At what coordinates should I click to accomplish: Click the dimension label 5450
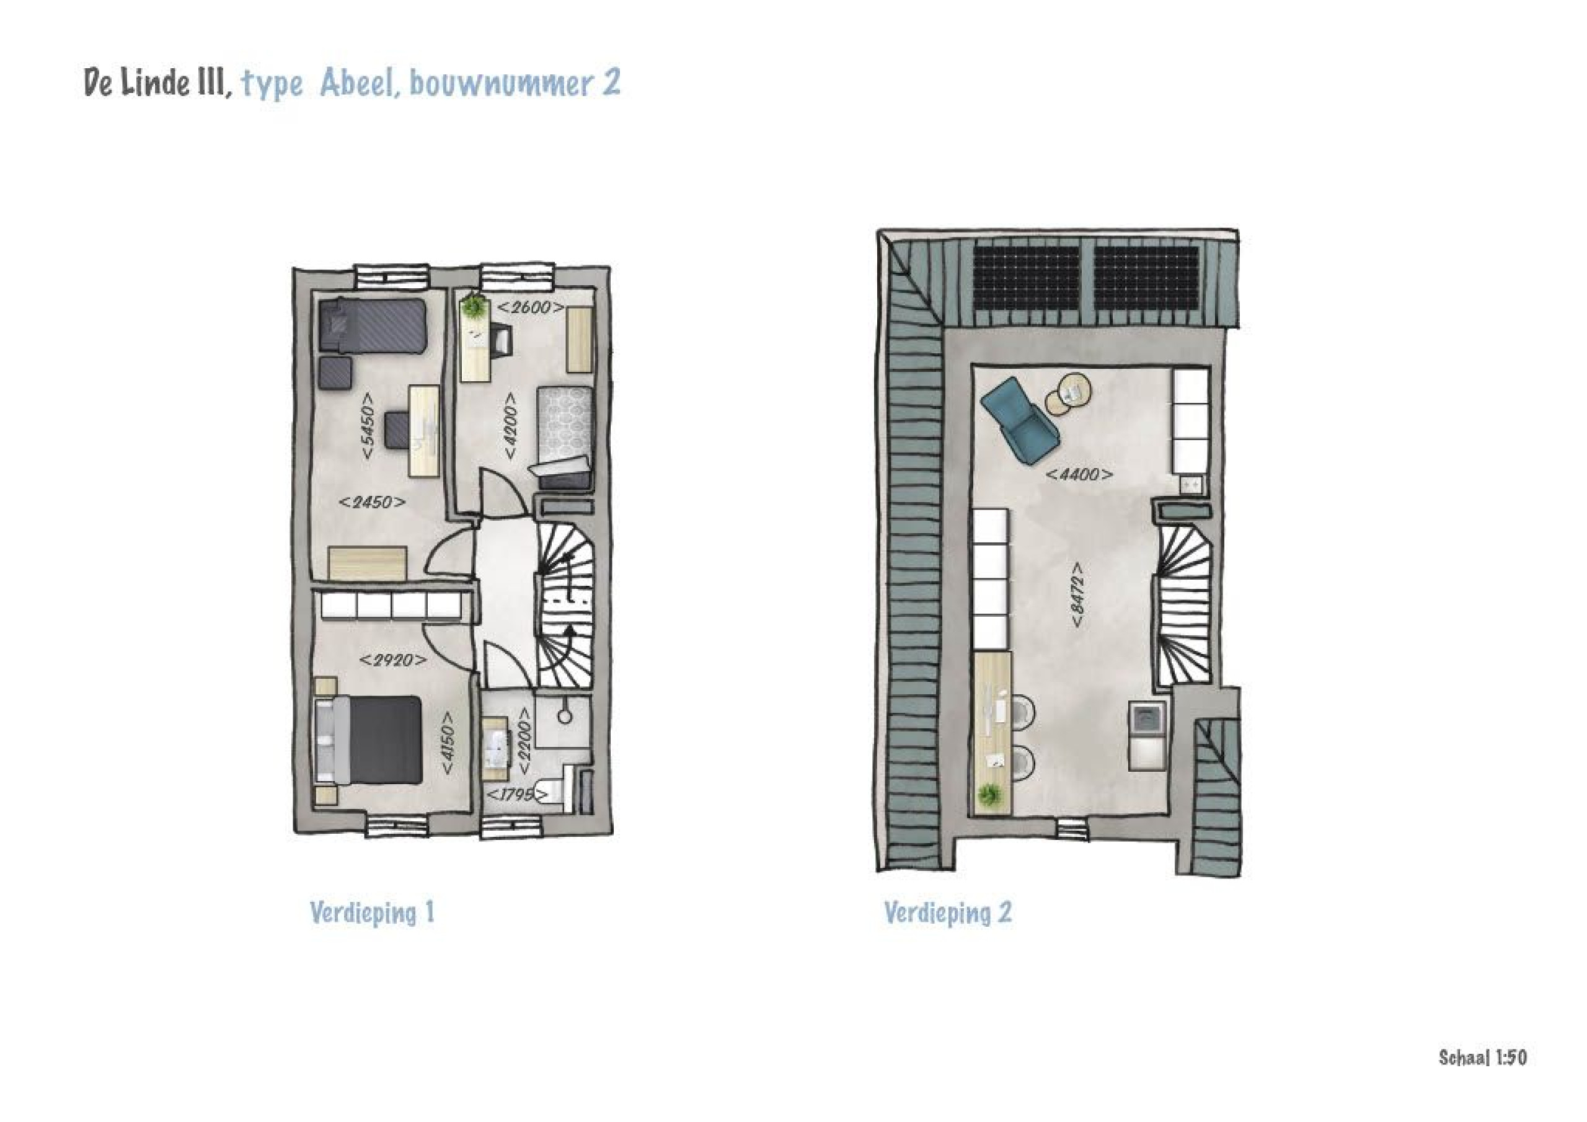(368, 426)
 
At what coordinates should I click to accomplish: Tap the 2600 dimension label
(530, 307)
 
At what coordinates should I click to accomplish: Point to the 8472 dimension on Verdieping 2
(1077, 595)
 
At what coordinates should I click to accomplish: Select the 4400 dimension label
(1079, 475)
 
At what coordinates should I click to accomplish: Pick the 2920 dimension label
(392, 661)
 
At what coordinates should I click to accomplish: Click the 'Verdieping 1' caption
(372, 912)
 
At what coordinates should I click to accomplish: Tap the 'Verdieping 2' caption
(948, 912)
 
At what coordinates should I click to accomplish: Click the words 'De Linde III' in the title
(157, 82)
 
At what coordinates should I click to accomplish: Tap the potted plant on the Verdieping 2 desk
(991, 795)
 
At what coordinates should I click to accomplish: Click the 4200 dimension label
(510, 426)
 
